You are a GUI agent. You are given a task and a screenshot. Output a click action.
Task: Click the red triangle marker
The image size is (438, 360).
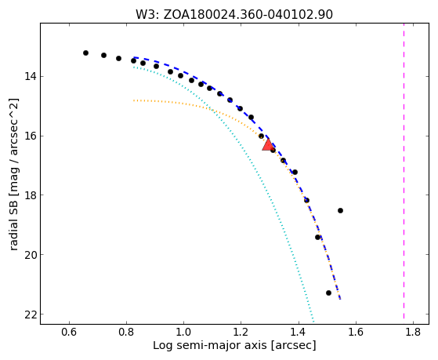[x=268, y=145]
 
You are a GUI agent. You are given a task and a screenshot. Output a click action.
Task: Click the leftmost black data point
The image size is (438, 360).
[x=85, y=53]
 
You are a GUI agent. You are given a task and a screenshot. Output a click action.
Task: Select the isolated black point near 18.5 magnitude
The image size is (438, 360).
[x=340, y=211]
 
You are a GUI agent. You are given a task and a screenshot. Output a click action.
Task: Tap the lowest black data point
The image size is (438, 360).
[x=328, y=293]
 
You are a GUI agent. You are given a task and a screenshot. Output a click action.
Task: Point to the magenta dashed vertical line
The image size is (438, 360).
[x=404, y=171]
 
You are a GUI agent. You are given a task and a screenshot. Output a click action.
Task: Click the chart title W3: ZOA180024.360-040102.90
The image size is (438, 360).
[x=234, y=15]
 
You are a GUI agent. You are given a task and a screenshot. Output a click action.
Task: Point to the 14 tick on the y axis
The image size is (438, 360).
[x=31, y=76]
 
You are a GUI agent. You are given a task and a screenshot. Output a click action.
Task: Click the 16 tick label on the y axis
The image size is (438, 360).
[x=31, y=136]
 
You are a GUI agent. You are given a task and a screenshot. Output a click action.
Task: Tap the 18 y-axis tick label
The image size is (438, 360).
[x=31, y=195]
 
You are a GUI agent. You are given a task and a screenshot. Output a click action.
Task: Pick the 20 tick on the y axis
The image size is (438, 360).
[x=31, y=255]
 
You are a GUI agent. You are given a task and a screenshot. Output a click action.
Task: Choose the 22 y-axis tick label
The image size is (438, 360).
[x=31, y=315]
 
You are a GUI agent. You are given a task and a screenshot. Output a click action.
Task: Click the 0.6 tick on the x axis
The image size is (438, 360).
[x=69, y=332]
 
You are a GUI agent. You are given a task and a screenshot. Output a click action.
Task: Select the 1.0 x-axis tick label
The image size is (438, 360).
[x=183, y=332]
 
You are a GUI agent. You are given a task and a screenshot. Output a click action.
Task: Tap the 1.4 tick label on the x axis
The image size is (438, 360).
[x=299, y=332]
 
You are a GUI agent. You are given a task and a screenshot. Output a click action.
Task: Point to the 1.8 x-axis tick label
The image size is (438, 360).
[x=413, y=332]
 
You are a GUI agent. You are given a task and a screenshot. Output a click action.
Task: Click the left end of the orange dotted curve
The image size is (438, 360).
[x=134, y=100]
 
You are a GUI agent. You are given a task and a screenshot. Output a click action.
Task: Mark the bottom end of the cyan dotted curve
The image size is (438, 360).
[x=313, y=322]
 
